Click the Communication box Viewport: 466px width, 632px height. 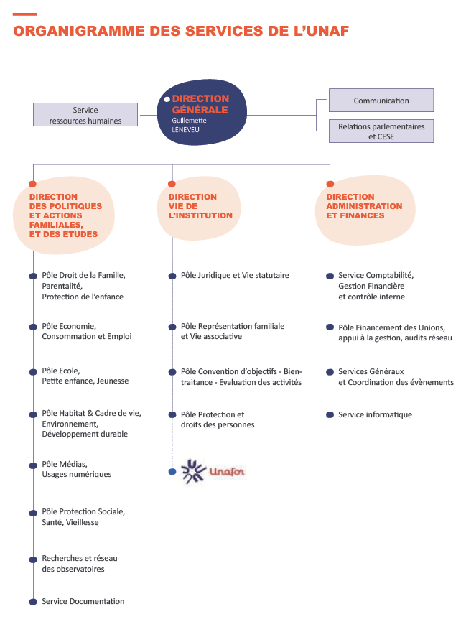pyautogui.click(x=381, y=101)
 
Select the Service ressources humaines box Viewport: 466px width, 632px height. pyautogui.click(x=85, y=115)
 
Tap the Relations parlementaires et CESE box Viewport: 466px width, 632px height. pyautogui.click(x=381, y=131)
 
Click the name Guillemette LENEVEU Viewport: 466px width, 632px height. pyautogui.click(x=189, y=125)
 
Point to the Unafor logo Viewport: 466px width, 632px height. pyautogui.click(x=213, y=471)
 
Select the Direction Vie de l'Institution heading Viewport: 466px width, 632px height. pyautogui.click(x=200, y=206)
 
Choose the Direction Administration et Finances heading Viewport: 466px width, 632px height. pyautogui.click(x=364, y=206)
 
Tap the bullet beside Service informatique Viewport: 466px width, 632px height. pyautogui.click(x=330, y=415)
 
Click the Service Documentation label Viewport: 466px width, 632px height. pyautogui.click(x=83, y=601)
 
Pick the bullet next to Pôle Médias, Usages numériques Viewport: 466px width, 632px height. pyautogui.click(x=33, y=465)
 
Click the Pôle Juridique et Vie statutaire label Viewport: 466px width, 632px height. pyautogui.click(x=235, y=275)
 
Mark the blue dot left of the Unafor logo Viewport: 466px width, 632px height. pyautogui.click(x=172, y=472)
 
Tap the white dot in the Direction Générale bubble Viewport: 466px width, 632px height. pyautogui.click(x=167, y=100)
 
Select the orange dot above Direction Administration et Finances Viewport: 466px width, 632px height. pyautogui.click(x=330, y=184)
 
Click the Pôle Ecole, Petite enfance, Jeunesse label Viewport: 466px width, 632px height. pyautogui.click(x=85, y=376)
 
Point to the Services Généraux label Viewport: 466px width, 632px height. pyautogui.click(x=371, y=371)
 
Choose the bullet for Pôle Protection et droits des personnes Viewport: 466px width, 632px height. pyautogui.click(x=172, y=415)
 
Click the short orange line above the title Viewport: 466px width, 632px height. pyautogui.click(x=25, y=14)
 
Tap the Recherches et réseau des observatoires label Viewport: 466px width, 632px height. pyautogui.click(x=80, y=564)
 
